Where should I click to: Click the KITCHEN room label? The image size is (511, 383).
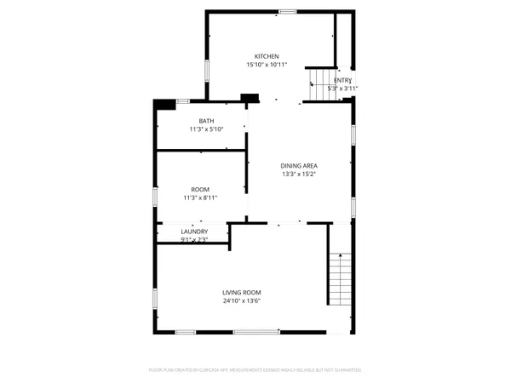(267, 56)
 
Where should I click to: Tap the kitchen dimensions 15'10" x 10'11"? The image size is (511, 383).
(267, 65)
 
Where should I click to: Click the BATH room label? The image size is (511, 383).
(206, 121)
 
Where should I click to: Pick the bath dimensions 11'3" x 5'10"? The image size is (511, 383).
(206, 129)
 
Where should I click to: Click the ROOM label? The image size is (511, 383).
(200, 189)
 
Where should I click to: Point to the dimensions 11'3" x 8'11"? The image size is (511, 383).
(200, 197)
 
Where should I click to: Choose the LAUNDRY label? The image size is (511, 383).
(194, 232)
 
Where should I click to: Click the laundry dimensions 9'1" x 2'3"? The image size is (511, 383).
(194, 239)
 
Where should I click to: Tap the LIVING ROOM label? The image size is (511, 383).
(242, 292)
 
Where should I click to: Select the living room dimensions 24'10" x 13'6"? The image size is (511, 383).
(242, 300)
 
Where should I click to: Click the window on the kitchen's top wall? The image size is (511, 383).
(288, 11)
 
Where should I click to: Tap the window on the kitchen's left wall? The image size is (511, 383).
(205, 69)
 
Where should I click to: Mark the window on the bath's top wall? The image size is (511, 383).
(181, 102)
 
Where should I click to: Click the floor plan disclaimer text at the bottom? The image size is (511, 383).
(255, 370)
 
